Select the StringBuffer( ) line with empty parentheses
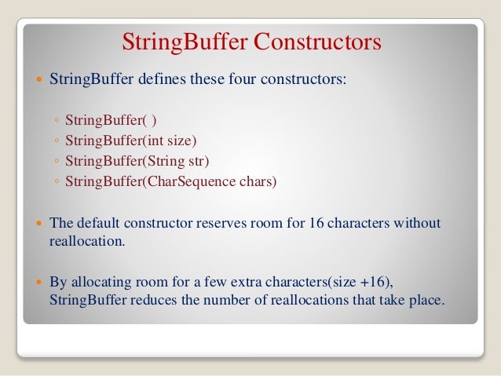(x=111, y=121)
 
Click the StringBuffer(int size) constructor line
(x=130, y=141)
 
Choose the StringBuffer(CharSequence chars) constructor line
(x=171, y=182)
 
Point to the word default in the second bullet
(x=96, y=223)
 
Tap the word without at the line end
(x=420, y=223)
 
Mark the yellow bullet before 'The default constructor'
(x=38, y=224)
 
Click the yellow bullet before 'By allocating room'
(x=38, y=282)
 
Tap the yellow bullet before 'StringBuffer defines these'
(x=38, y=81)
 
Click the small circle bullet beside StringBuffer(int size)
(x=57, y=142)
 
